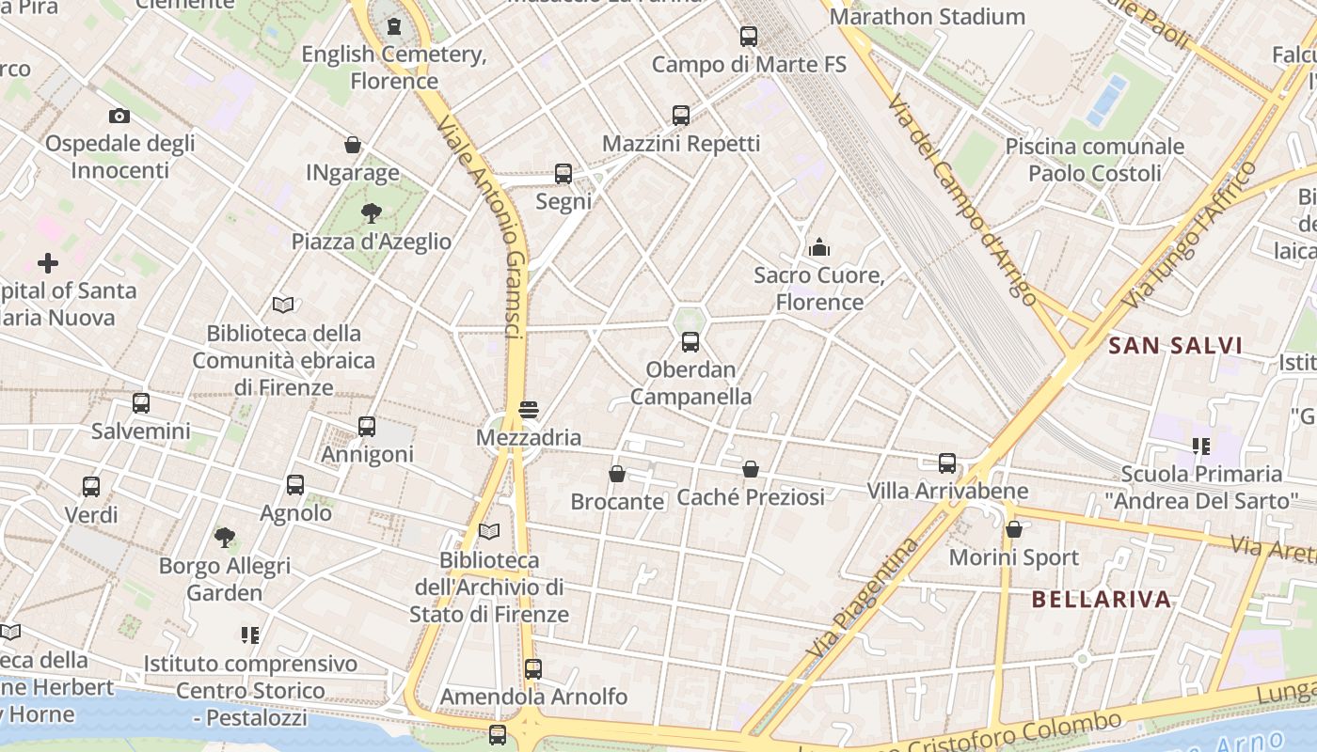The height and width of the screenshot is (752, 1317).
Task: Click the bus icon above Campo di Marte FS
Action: click(x=749, y=37)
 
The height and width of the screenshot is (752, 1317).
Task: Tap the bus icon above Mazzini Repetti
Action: click(x=681, y=116)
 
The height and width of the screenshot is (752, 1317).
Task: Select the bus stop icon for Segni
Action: click(x=563, y=173)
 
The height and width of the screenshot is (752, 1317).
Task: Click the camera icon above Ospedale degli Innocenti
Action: click(x=119, y=116)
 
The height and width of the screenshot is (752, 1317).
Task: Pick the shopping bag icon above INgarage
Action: click(x=353, y=145)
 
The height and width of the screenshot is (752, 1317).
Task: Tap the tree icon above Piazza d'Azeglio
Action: click(x=372, y=212)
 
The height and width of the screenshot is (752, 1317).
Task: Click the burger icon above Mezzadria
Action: click(x=528, y=410)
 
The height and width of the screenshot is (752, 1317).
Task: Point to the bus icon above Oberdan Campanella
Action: click(x=690, y=341)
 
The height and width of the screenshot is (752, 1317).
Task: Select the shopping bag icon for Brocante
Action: click(x=617, y=474)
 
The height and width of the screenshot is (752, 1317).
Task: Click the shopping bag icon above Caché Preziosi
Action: click(x=751, y=468)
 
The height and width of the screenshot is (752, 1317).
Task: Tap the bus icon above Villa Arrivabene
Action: click(x=947, y=462)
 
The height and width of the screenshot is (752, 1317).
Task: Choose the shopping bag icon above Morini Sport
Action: click(x=1014, y=529)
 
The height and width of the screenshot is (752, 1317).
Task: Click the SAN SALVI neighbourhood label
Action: click(x=1175, y=345)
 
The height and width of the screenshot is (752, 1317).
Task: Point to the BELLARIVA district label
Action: click(x=1102, y=599)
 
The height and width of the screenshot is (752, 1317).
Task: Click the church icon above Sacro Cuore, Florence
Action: click(x=819, y=247)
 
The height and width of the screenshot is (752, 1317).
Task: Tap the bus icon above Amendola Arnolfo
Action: click(x=533, y=668)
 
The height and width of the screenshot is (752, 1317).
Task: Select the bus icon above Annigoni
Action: click(x=367, y=426)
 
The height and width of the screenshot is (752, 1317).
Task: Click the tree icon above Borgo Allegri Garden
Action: click(x=224, y=537)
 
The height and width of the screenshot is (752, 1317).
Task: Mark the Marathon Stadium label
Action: click(x=927, y=17)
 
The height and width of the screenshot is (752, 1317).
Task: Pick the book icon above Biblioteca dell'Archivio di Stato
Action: click(x=489, y=531)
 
